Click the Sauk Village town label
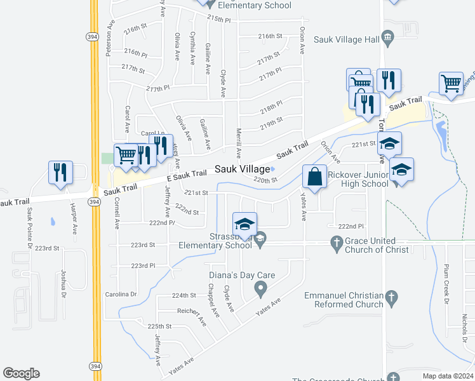242,169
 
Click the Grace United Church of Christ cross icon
337,241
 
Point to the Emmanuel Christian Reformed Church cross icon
392,297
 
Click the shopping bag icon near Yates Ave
314,177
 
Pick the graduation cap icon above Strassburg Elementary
244,224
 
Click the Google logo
21,373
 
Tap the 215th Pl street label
218,20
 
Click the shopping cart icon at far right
450,84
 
